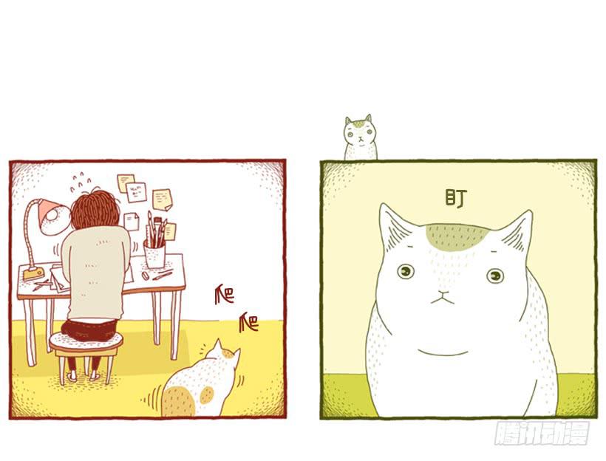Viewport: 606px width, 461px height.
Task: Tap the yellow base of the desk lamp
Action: click(33, 273)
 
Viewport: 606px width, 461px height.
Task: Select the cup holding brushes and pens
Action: click(154, 253)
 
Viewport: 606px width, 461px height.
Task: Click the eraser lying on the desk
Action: click(146, 276)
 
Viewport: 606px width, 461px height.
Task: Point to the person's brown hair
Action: click(95, 209)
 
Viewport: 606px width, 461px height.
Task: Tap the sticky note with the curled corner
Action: click(163, 199)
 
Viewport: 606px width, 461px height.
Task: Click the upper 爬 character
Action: click(225, 295)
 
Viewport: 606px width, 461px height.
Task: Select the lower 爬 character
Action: click(249, 323)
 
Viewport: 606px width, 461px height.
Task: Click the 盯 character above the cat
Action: click(456, 198)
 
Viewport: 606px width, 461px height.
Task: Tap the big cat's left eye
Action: click(406, 271)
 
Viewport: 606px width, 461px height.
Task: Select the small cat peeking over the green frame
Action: click(360, 137)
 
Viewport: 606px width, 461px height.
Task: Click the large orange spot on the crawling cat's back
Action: click(178, 401)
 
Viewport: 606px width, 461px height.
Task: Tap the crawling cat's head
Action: click(223, 355)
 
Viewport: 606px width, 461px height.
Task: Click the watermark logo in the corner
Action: click(542, 434)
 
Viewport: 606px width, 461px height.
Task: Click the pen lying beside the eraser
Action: click(163, 275)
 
